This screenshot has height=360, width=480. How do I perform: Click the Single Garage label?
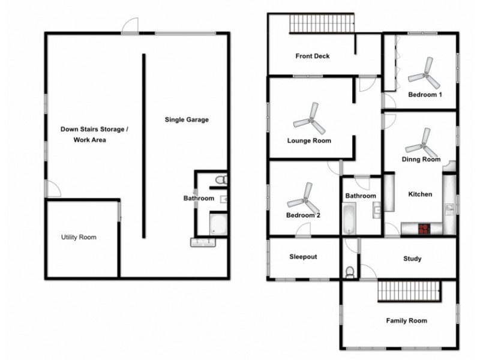(x=187, y=119)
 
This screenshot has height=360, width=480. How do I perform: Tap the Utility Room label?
(x=79, y=237)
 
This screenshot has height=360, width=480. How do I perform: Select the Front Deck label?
(x=312, y=56)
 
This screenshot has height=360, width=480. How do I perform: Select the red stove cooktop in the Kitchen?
(x=424, y=229)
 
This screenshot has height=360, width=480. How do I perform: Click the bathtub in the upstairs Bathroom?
(x=349, y=219)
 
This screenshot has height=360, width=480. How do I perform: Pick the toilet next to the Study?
(x=350, y=271)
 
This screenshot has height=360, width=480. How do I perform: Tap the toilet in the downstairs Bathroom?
(x=220, y=179)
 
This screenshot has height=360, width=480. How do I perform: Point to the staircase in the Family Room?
(x=409, y=292)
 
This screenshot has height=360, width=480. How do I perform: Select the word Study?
(x=412, y=259)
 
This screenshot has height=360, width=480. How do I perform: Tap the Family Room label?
(x=406, y=320)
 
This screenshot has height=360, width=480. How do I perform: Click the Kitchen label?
(x=420, y=194)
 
